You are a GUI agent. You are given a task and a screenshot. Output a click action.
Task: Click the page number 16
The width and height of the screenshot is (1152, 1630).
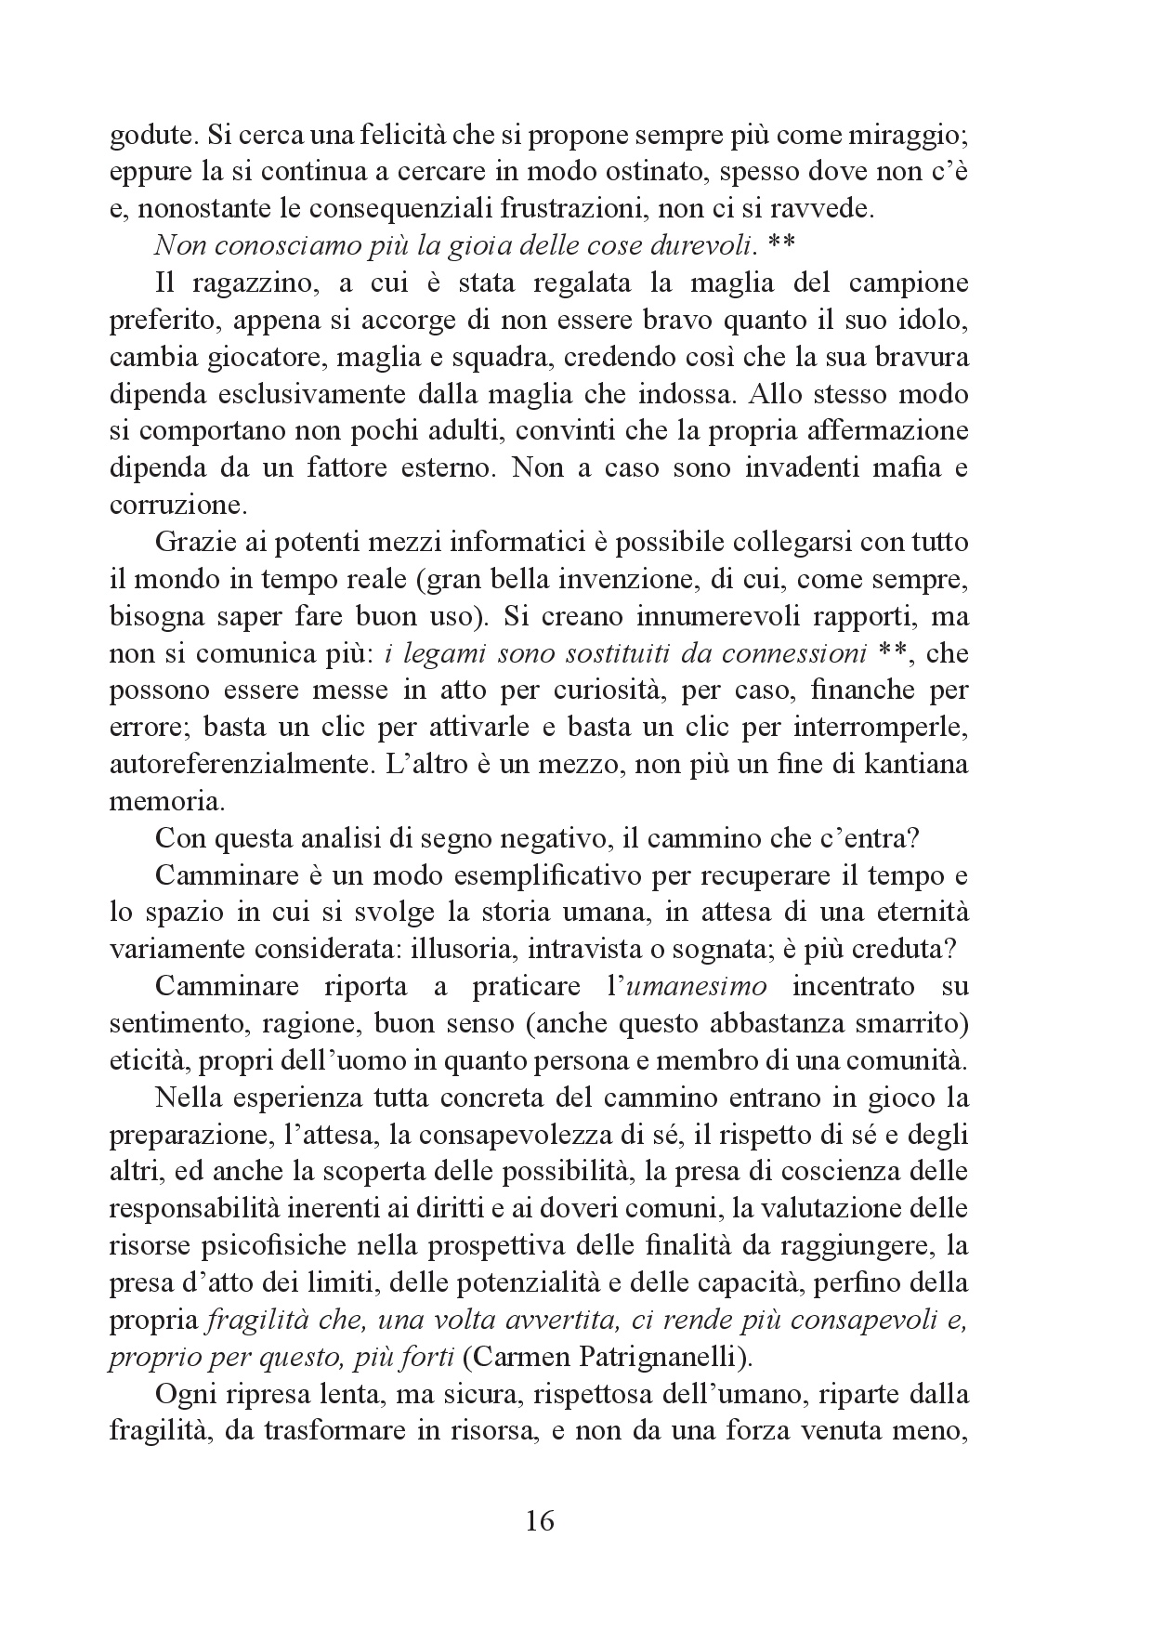540,1521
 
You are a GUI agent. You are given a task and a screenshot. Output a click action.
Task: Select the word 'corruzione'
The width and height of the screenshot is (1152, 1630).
173,506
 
